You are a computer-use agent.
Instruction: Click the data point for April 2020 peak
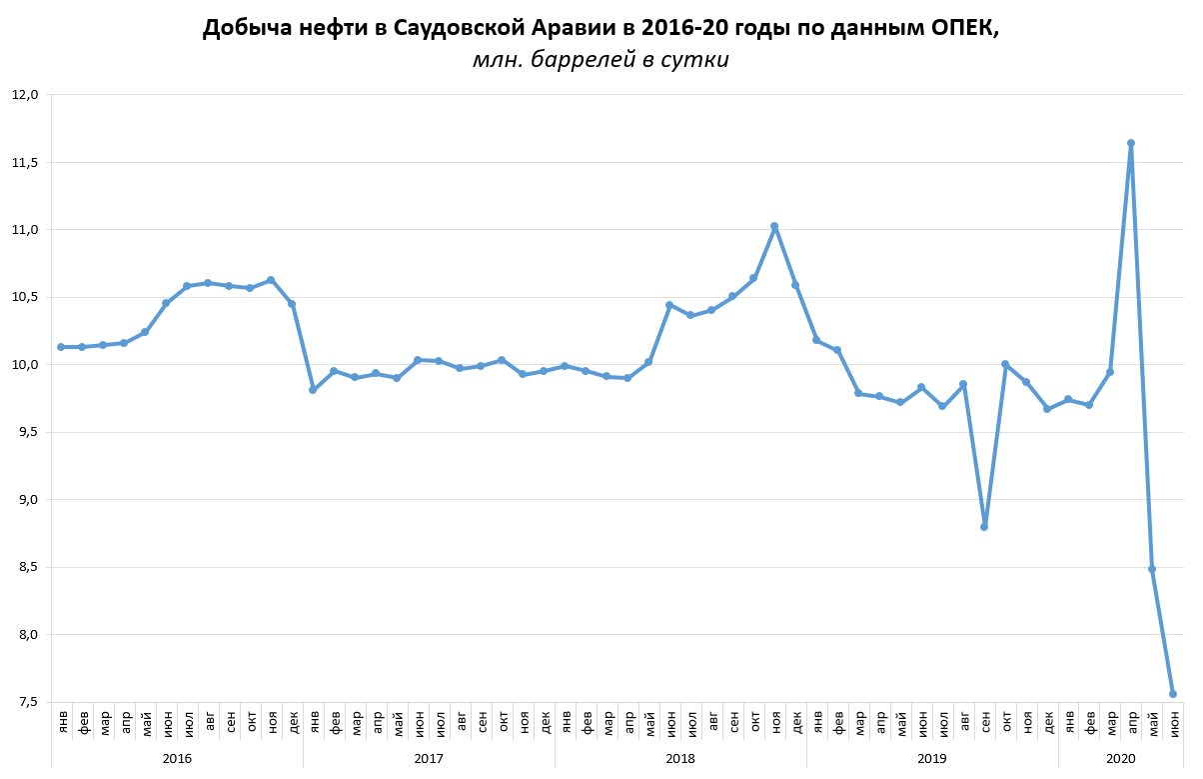[1130, 143]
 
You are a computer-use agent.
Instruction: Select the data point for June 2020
[1173, 694]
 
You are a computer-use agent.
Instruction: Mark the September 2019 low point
[984, 526]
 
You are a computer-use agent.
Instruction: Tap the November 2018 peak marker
[774, 227]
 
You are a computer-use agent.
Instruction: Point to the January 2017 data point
[313, 390]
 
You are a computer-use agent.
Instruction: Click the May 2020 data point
[1152, 569]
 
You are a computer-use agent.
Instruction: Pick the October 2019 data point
[1004, 364]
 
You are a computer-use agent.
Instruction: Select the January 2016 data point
[61, 347]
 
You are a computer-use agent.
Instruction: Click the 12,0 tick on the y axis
[24, 95]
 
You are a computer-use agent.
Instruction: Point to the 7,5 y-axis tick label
[24, 702]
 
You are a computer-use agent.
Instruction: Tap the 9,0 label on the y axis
[24, 500]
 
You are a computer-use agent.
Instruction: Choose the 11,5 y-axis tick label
[24, 162]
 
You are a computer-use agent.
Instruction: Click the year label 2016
[177, 759]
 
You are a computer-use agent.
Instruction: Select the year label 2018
[680, 759]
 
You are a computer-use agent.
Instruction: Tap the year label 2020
[1121, 759]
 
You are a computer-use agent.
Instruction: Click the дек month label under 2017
[545, 720]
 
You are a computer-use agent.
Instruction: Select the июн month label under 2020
[1174, 720]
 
